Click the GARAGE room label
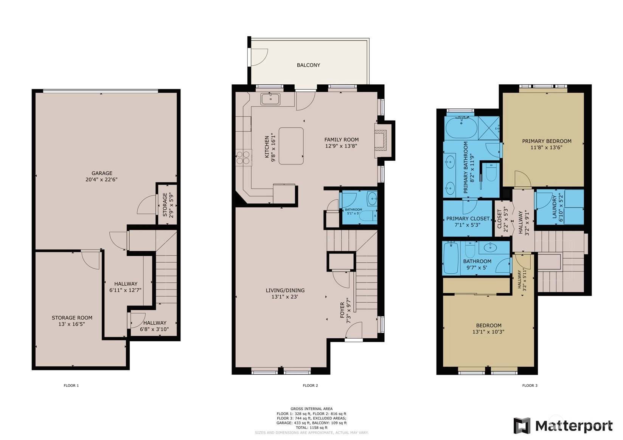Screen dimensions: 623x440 (102, 173)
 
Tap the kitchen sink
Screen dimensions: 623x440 (270, 99)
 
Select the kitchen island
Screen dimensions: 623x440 (291, 146)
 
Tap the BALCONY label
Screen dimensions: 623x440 (308, 65)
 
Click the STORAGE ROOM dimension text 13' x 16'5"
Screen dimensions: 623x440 (72, 324)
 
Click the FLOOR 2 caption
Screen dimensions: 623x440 (311, 385)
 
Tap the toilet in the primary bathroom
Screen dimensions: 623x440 (491, 172)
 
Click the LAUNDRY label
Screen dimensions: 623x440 (555, 207)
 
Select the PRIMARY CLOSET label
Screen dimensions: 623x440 (468, 219)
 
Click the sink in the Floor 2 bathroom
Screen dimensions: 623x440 (372, 198)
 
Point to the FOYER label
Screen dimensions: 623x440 (342, 310)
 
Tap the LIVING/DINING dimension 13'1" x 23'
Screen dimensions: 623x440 (285, 297)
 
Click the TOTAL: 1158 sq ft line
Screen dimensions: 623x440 (312, 428)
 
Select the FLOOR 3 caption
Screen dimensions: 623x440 (530, 385)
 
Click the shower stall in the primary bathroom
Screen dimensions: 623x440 (489, 128)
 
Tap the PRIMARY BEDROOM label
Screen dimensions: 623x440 (547, 141)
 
